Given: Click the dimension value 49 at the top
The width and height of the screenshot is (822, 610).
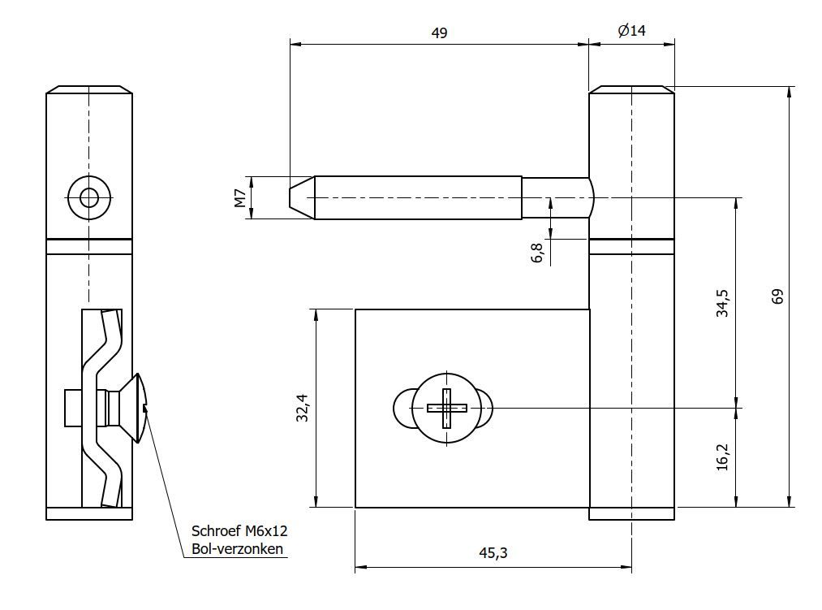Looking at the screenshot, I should [x=439, y=32].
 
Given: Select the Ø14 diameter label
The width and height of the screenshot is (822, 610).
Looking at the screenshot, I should [x=631, y=31].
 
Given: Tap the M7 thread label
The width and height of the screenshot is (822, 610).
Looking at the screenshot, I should [x=240, y=197].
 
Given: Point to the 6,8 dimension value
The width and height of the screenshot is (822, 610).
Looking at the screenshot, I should [x=538, y=252].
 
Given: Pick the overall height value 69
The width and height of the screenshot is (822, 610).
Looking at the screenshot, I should [x=777, y=296].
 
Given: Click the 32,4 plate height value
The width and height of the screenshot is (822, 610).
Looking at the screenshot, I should [x=302, y=409].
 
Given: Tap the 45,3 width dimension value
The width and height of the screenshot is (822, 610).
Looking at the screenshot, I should [x=493, y=553].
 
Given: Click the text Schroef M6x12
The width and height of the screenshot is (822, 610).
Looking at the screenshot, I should [x=239, y=531].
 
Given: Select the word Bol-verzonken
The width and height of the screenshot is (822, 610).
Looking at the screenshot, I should [x=237, y=549].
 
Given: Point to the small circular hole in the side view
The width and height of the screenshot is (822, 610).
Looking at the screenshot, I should [x=89, y=197].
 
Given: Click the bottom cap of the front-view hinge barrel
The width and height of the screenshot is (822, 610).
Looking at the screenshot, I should [x=631, y=513].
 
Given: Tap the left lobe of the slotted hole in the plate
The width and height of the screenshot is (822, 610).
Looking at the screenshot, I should [x=403, y=408].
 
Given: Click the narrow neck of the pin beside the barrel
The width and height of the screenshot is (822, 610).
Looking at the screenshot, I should [x=557, y=197].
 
